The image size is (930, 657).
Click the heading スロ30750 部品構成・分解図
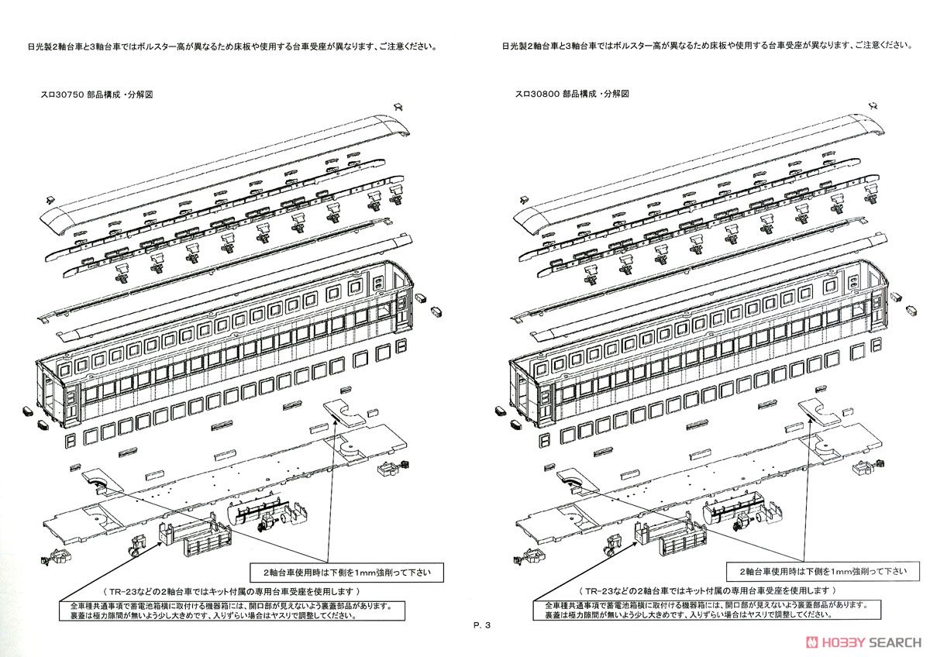pos(96,95)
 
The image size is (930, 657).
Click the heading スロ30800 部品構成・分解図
pos(572,94)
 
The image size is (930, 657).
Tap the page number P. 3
pos(481,625)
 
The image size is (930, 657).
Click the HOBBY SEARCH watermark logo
pos(863,642)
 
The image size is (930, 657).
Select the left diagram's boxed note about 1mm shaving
pos(346,573)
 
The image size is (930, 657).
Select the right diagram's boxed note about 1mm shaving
pos(823,572)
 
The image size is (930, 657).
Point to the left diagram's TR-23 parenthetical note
pos(232,591)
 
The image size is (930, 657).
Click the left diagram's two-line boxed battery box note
pos(232,611)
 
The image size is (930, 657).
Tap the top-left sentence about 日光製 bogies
pos(232,46)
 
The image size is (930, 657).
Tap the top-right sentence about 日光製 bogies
pos(706,46)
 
